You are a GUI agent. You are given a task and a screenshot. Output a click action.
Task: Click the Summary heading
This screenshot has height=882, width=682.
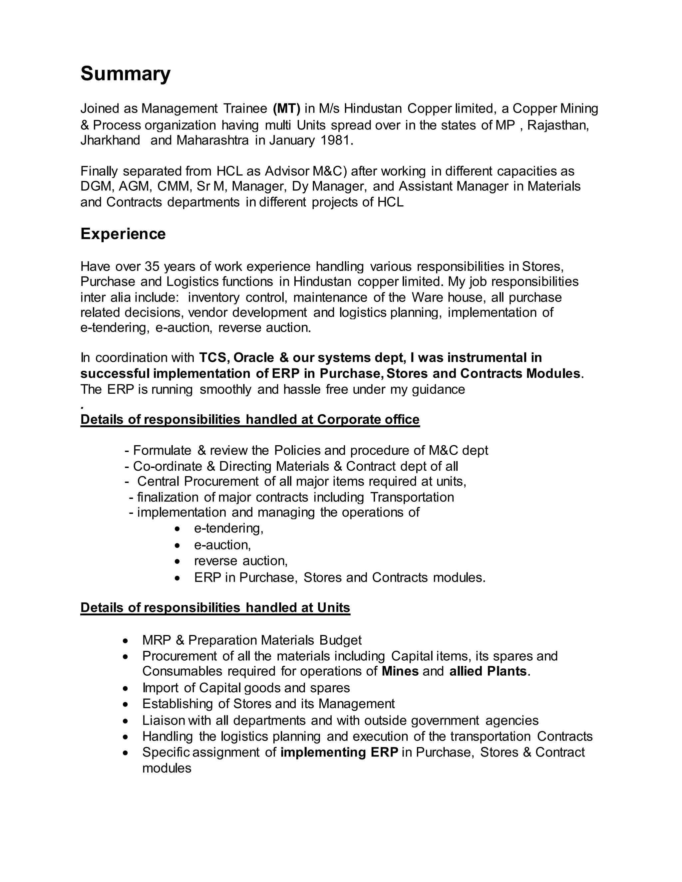coord(125,74)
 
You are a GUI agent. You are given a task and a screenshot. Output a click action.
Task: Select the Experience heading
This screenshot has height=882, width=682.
coord(123,234)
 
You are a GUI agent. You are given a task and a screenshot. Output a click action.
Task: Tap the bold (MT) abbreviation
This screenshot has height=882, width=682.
coord(286,108)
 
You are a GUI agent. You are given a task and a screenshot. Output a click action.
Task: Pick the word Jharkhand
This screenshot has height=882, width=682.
coord(110,140)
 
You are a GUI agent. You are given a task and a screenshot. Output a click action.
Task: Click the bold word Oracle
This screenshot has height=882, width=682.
coord(254,357)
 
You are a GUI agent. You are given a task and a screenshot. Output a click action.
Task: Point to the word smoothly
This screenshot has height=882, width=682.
coord(225,389)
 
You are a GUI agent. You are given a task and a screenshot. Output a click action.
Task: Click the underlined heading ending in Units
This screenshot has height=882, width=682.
coord(215,608)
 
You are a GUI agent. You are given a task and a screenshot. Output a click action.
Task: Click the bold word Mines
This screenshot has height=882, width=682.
coord(400,671)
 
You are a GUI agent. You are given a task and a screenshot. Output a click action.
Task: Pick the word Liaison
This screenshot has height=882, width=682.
coord(163,721)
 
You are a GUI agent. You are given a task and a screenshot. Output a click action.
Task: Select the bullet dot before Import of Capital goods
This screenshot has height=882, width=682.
coord(126,688)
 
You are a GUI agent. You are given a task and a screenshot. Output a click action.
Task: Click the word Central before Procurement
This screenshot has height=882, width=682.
coord(159,481)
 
